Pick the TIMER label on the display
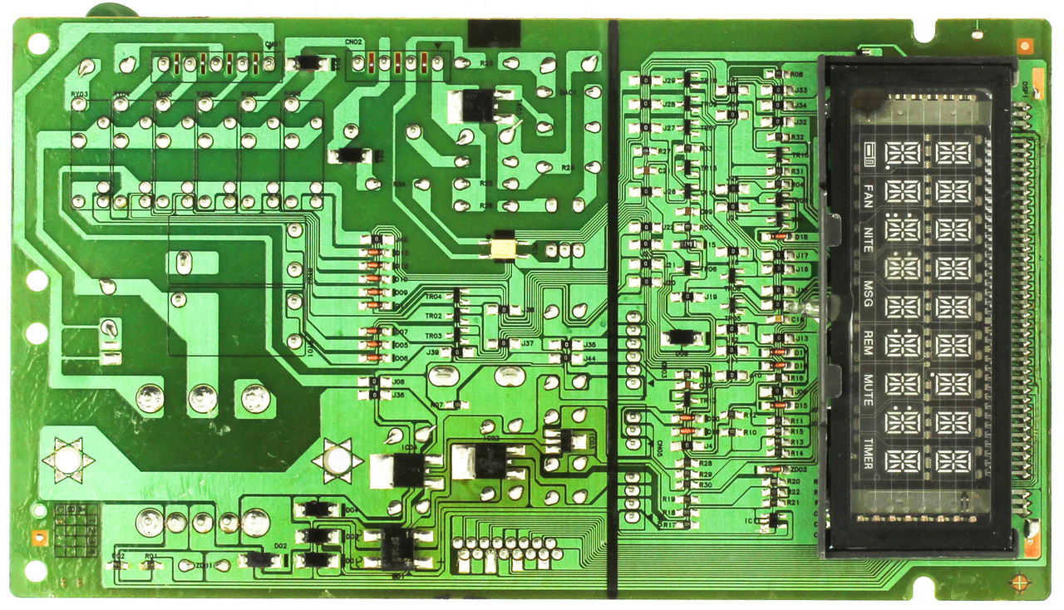point(868,453)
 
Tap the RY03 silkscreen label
point(80,95)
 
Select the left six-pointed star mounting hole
point(68,458)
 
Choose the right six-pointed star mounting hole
point(337,460)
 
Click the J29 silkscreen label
point(667,81)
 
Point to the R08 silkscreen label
point(796,75)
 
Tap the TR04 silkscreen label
point(433,296)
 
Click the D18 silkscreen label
point(801,237)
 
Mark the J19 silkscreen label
point(711,297)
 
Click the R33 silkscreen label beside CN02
point(486,63)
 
